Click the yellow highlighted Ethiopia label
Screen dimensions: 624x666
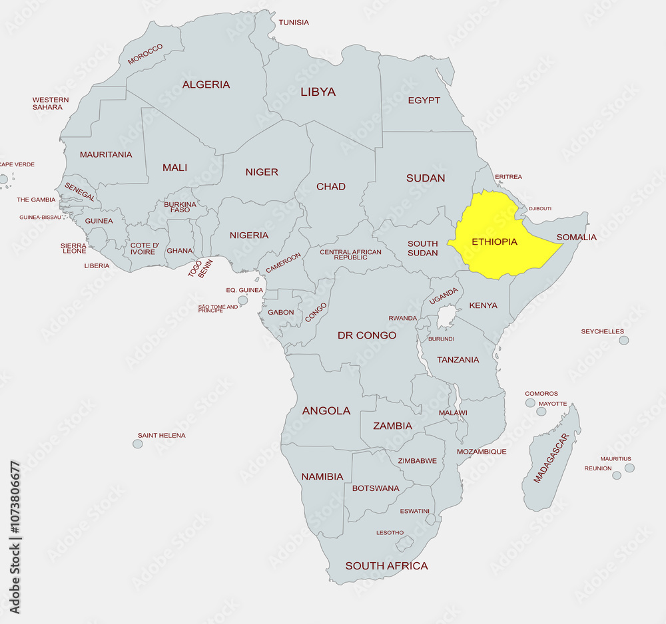(x=494, y=241)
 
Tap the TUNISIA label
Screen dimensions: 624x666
(x=294, y=23)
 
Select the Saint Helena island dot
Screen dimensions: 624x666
(x=138, y=444)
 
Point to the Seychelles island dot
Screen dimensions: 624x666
(x=623, y=340)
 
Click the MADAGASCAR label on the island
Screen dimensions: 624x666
(x=551, y=458)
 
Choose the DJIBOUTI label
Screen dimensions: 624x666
(x=540, y=209)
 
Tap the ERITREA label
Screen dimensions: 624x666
(x=508, y=177)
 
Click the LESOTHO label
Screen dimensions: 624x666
(x=390, y=533)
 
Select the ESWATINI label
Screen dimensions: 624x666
(x=414, y=511)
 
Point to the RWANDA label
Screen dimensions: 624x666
(x=403, y=318)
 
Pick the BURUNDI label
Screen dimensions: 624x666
(x=441, y=339)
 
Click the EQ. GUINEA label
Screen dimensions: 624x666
(x=244, y=290)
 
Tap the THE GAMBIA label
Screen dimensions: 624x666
(x=36, y=200)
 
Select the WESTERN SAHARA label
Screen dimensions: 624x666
(x=51, y=104)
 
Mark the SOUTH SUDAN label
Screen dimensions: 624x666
(x=423, y=248)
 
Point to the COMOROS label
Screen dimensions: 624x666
(x=541, y=394)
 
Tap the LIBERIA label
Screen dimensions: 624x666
(x=97, y=265)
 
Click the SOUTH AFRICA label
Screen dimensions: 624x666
(x=386, y=566)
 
